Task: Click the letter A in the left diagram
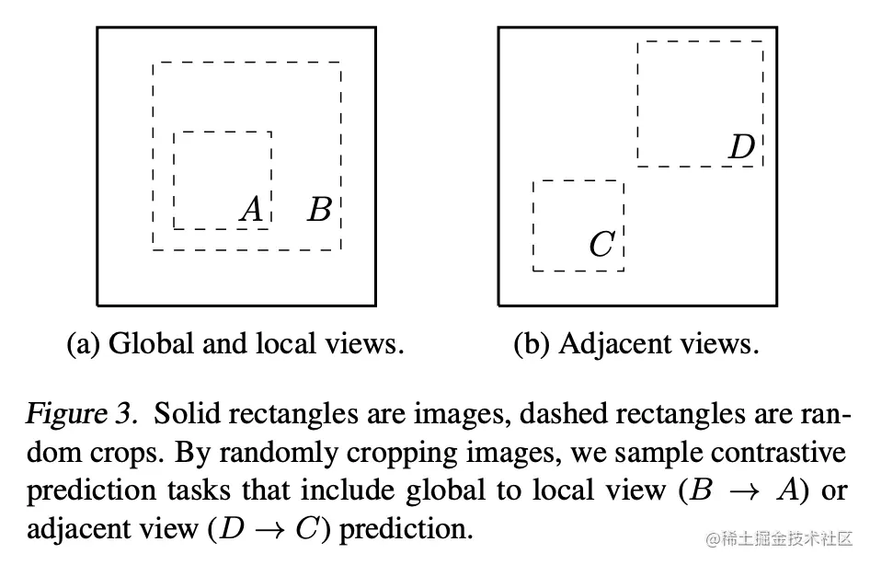pos(251,211)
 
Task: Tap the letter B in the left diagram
pos(319,211)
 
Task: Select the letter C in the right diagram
pos(601,245)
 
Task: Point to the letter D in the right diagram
pos(741,147)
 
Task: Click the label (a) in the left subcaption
pos(85,344)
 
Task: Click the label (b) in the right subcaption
pos(532,344)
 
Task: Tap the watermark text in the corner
pos(773,536)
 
